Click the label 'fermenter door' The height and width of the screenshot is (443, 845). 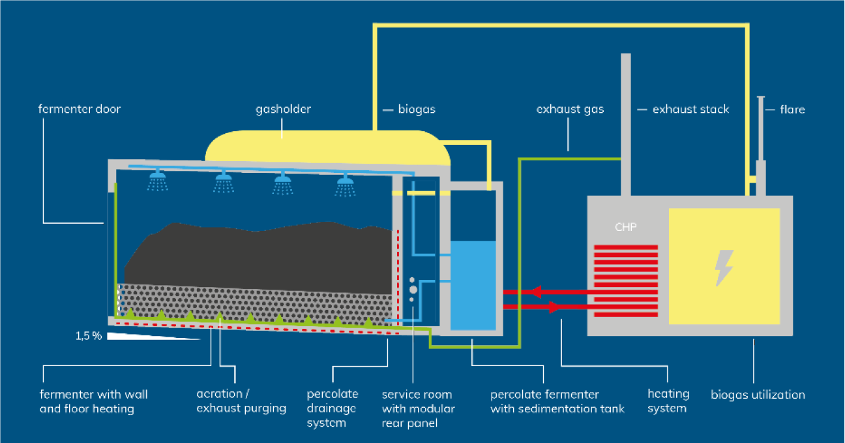pyautogui.click(x=79, y=109)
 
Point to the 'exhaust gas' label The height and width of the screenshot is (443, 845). pyautogui.click(x=570, y=109)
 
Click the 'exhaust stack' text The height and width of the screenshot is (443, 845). pyautogui.click(x=690, y=110)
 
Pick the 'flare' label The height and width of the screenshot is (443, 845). pyautogui.click(x=792, y=110)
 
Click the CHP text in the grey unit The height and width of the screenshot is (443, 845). pyautogui.click(x=625, y=228)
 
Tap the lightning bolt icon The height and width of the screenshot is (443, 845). pyautogui.click(x=724, y=267)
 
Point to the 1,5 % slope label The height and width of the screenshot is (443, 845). pyautogui.click(x=89, y=336)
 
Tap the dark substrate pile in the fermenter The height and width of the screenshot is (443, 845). pyautogui.click(x=261, y=254)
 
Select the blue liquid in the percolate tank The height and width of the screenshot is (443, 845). pyautogui.click(x=473, y=285)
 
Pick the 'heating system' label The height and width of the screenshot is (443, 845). pyautogui.click(x=668, y=401)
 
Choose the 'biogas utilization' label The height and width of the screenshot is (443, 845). pyautogui.click(x=758, y=395)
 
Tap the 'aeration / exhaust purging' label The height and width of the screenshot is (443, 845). pyautogui.click(x=241, y=401)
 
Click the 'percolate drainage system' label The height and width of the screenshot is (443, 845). pyautogui.click(x=333, y=408)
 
